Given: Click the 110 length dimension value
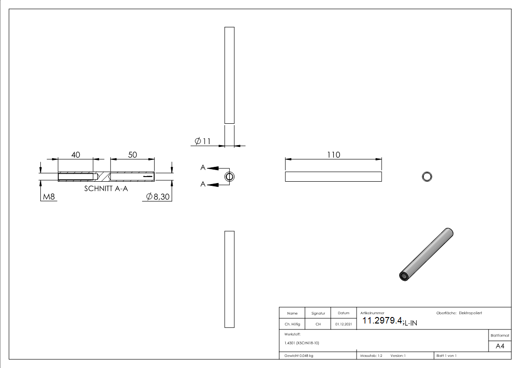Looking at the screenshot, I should coord(333,155).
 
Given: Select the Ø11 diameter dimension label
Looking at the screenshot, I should coord(202,141).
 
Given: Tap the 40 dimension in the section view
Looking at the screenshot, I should coord(75,155).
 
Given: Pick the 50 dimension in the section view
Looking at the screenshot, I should coord(132,155).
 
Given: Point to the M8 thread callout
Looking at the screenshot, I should coord(49,197).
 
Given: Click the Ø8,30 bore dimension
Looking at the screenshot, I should coord(158,197).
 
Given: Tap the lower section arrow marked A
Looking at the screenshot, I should coord(211,185).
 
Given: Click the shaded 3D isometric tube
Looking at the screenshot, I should coord(426,254).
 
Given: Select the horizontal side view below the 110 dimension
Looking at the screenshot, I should coord(333,177).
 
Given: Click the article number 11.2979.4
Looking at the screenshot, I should coord(382,321).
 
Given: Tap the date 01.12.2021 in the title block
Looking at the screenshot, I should coord(344,324).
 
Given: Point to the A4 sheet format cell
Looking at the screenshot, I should coord(500,346).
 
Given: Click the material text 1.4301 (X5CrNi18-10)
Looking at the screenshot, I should coord(302,343).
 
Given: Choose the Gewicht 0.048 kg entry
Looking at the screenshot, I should coord(299,355).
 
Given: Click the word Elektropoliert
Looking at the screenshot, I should coord(470,313).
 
